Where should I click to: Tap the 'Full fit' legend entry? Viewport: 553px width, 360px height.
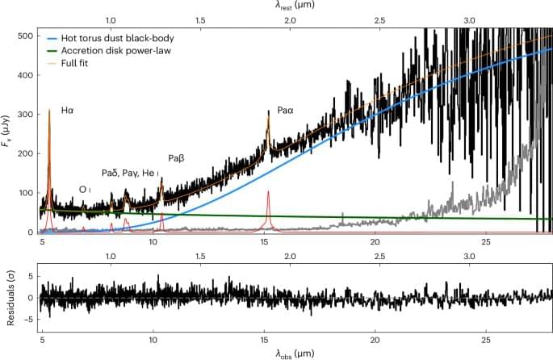click(88, 62)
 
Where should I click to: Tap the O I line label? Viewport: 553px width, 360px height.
click(84, 189)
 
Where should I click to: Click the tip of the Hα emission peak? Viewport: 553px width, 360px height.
click(49, 108)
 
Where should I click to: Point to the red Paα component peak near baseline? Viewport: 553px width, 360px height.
click(268, 191)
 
